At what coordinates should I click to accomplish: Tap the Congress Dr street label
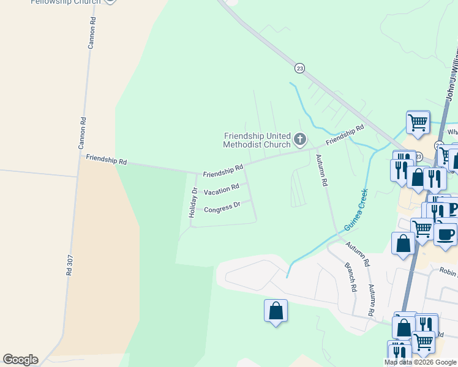[222, 208]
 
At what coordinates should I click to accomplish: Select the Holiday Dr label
[192, 203]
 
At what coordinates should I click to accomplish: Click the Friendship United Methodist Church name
[257, 140]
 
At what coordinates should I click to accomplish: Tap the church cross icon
[300, 139]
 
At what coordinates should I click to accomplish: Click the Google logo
[20, 360]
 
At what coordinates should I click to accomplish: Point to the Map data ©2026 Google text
[420, 362]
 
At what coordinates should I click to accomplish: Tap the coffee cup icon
[445, 234]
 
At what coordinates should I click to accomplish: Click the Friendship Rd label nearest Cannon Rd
[106, 161]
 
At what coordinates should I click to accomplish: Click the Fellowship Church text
[65, 2]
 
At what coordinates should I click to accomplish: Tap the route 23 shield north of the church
[299, 69]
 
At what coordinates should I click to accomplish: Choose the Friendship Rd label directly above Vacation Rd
[223, 170]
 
